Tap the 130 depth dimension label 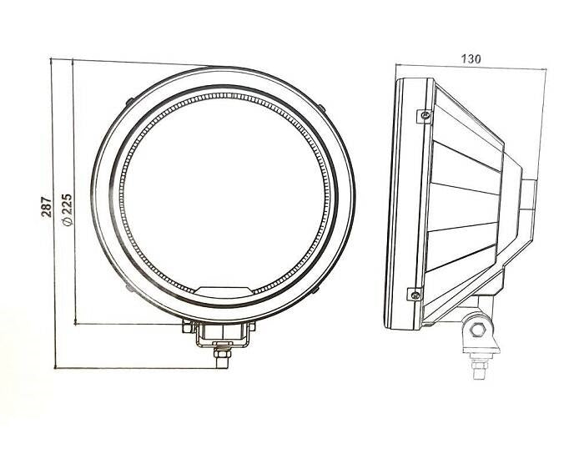pyautogui.click(x=471, y=58)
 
